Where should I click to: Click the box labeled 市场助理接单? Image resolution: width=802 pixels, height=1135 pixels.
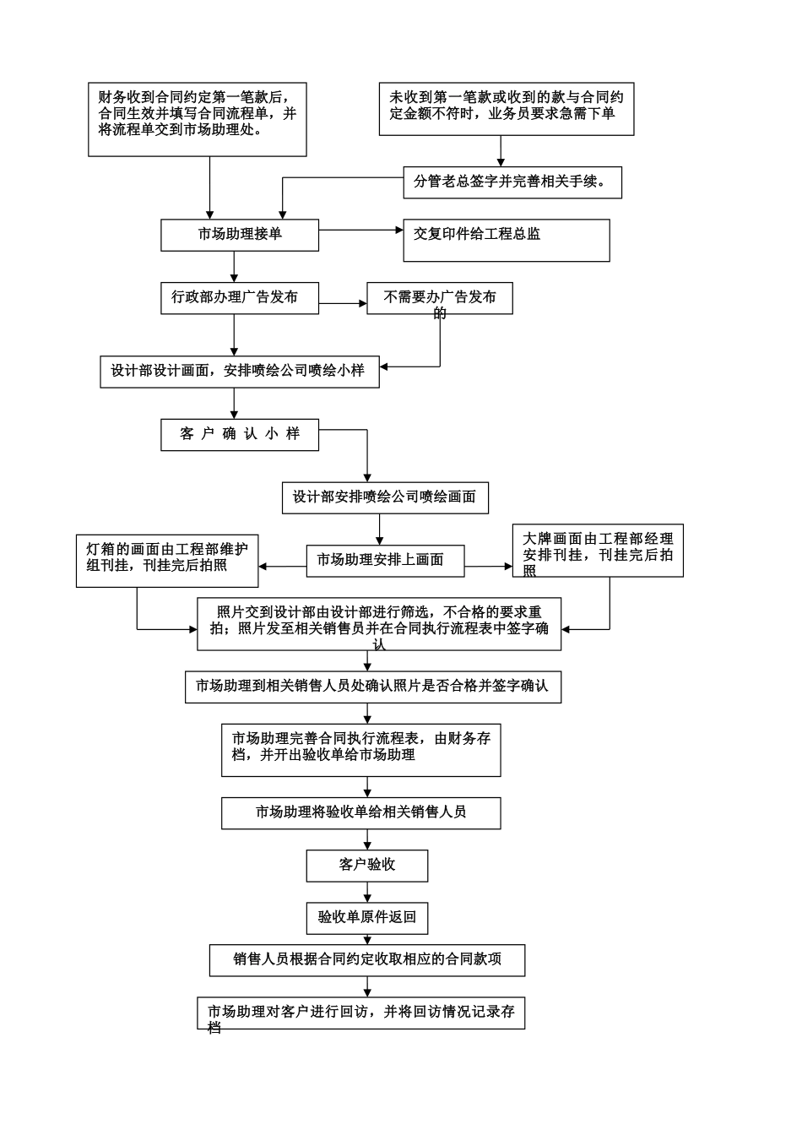240,235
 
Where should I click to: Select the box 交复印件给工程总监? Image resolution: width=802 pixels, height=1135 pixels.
507,241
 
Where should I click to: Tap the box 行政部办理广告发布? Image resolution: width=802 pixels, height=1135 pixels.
235,298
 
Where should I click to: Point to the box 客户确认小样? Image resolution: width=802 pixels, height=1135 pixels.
240,434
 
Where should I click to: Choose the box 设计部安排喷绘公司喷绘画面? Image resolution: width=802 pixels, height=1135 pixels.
384,497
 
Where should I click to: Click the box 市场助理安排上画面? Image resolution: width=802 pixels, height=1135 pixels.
385,559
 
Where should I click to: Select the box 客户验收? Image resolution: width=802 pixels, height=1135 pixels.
367,866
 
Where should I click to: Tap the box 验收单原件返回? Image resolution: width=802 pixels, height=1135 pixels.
367,917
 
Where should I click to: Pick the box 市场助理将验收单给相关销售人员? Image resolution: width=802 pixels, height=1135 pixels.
361,812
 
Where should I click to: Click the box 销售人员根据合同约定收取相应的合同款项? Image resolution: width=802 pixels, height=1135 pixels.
367,960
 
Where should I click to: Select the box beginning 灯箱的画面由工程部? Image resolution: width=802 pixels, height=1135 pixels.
167,560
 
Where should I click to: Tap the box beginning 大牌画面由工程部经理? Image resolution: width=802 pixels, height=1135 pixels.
598,551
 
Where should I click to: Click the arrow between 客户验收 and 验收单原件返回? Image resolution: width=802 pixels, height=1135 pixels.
367,892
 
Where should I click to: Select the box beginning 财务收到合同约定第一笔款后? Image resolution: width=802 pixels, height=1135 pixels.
198,119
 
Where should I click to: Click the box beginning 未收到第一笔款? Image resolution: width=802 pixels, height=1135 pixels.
507,109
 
